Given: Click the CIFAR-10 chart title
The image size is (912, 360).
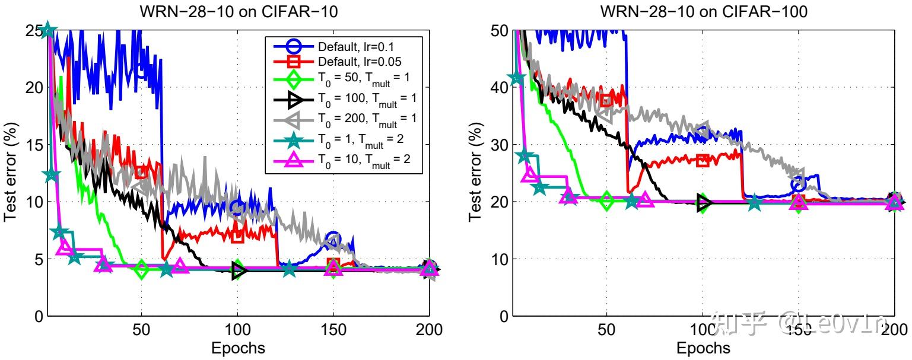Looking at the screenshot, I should [x=239, y=11].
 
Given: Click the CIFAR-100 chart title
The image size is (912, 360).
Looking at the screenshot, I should [x=704, y=11].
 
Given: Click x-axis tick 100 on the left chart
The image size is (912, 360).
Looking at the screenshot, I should [x=237, y=330].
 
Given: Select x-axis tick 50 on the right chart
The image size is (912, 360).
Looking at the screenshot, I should [x=606, y=330].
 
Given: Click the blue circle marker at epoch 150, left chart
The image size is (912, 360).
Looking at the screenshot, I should [x=333, y=238].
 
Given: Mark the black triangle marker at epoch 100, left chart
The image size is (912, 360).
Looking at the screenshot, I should [x=239, y=271].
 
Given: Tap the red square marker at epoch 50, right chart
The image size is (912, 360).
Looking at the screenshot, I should [x=606, y=100].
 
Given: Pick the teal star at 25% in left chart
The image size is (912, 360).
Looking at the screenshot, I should [x=48, y=30].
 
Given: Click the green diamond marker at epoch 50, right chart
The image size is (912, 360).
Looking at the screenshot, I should [x=606, y=201].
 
